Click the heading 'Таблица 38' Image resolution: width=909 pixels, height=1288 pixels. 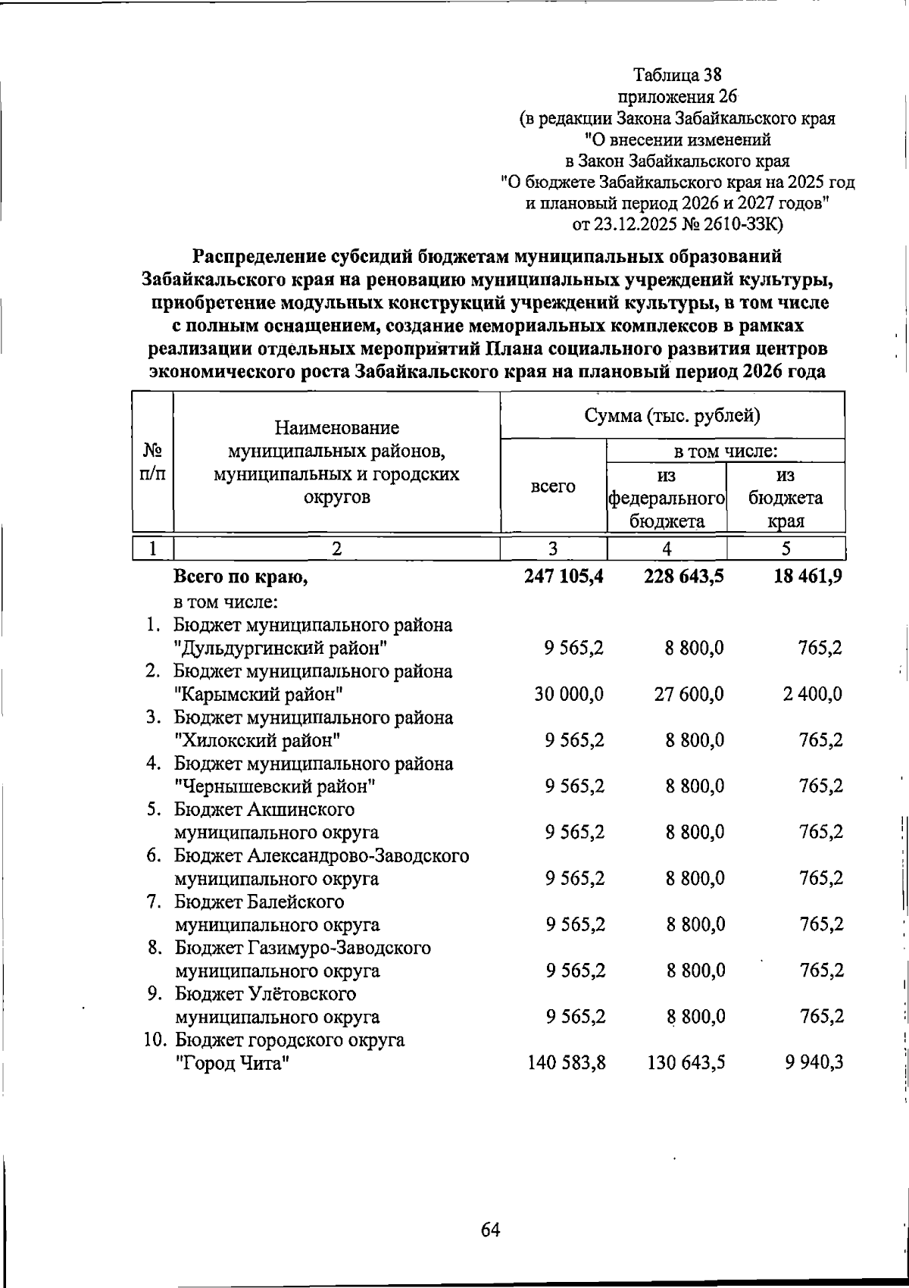click(678, 76)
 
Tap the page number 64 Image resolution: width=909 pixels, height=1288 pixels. click(490, 1208)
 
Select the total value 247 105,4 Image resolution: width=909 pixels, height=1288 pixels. click(564, 577)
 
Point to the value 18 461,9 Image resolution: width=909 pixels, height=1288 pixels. click(807, 577)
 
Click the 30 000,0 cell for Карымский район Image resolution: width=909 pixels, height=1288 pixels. click(569, 695)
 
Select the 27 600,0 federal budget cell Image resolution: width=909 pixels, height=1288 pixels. click(689, 695)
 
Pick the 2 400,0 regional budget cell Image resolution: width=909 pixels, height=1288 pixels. click(813, 695)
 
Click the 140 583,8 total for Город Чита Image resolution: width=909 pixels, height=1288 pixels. click(566, 1063)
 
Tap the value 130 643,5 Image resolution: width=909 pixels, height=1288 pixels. click(686, 1063)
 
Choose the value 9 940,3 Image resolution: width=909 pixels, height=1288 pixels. click(814, 1063)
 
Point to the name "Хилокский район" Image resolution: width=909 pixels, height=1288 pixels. click(256, 741)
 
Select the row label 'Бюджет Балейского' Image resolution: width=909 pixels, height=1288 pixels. click(259, 902)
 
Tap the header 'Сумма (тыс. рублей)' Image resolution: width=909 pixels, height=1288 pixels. click(672, 416)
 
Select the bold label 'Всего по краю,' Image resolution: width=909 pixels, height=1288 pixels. click(241, 577)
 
